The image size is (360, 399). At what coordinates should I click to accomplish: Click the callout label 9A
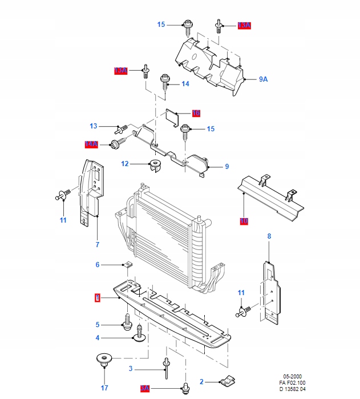click(263, 79)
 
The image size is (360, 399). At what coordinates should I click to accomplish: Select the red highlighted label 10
click(244, 220)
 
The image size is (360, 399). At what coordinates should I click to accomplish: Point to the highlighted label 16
click(196, 113)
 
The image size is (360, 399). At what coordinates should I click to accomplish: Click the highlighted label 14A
click(91, 145)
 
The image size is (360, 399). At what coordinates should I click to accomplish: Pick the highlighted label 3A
click(144, 388)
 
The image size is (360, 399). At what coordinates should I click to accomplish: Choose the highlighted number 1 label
click(98, 297)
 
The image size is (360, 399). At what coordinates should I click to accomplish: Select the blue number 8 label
click(269, 236)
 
